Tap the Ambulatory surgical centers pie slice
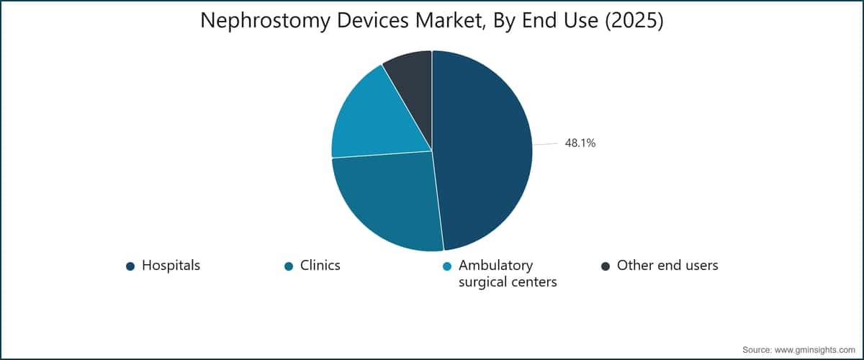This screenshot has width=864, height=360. click(376, 120)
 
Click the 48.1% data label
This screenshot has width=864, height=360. click(580, 143)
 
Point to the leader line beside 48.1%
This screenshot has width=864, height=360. click(546, 144)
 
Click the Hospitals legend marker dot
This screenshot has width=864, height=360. click(130, 266)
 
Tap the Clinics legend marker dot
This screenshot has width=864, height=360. click(289, 266)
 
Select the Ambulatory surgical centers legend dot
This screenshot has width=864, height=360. click(447, 266)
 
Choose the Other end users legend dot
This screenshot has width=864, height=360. click(606, 266)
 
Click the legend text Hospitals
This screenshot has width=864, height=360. click(171, 266)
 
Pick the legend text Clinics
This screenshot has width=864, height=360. click(320, 266)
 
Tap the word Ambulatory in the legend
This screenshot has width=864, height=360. click(495, 266)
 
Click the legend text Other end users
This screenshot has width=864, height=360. click(667, 266)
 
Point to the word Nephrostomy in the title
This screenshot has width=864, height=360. click(266, 21)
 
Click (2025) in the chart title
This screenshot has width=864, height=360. click(634, 21)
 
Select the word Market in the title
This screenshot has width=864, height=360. click(446, 21)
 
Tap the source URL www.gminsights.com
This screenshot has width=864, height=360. click(814, 350)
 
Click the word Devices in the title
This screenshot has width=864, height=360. click(373, 20)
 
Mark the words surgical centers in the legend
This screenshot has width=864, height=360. click(508, 282)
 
